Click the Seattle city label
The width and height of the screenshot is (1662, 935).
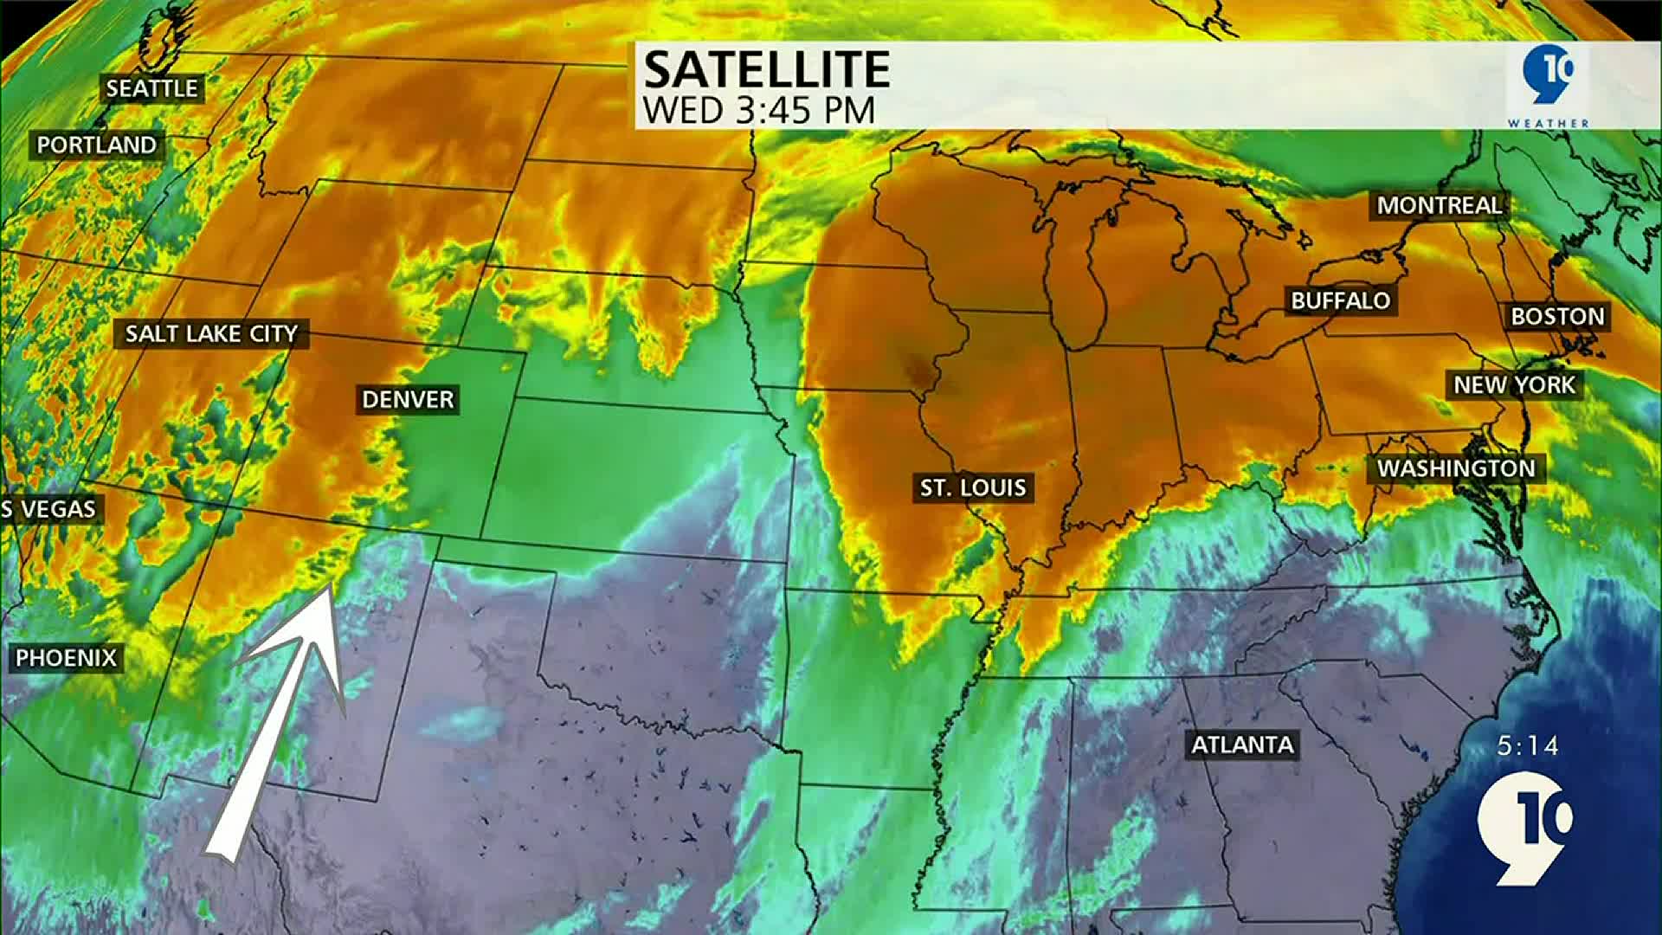click(x=152, y=88)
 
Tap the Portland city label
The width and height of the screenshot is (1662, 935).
click(x=96, y=145)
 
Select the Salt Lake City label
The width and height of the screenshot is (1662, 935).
click(x=211, y=333)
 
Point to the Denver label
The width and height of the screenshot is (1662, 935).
click(x=408, y=399)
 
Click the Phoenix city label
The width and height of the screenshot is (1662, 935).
click(x=66, y=658)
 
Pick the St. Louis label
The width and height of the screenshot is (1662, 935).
click(x=973, y=488)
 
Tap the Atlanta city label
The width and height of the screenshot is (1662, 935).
click(x=1242, y=745)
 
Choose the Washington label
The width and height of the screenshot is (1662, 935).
click(x=1456, y=468)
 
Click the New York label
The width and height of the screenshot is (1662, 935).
click(x=1515, y=385)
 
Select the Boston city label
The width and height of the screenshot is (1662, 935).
click(x=1557, y=316)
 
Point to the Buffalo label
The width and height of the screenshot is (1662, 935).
click(x=1340, y=300)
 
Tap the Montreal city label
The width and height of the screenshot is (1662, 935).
click(x=1440, y=205)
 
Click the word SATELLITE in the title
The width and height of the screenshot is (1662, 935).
click(x=767, y=70)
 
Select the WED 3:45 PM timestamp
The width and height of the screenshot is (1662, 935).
click(x=759, y=110)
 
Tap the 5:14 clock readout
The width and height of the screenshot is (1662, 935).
click(x=1528, y=745)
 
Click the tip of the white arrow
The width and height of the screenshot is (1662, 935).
click(x=329, y=589)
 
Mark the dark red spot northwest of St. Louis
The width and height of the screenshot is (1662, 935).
click(x=918, y=370)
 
